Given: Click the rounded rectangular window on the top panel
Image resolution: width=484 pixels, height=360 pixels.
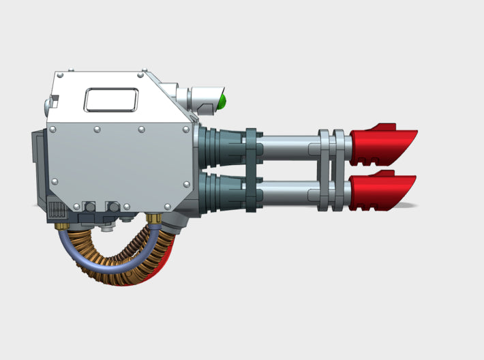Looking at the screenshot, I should pos(110,101).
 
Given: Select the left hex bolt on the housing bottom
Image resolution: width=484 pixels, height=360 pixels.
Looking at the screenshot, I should pos(88,207).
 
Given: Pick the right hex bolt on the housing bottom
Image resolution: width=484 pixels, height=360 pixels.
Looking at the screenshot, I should pos(113,207).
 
